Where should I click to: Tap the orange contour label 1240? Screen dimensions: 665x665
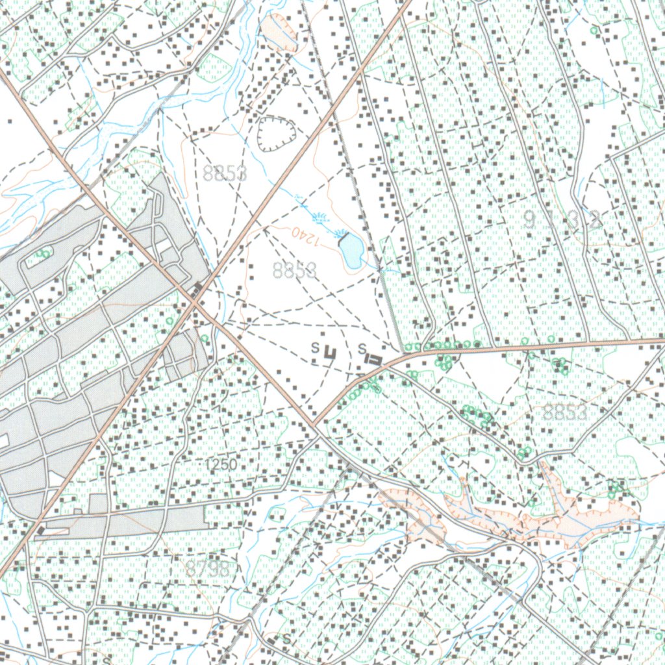click(x=306, y=235)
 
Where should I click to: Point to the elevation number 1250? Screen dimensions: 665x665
click(x=221, y=465)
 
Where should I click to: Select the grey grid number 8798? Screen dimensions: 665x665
click(x=208, y=569)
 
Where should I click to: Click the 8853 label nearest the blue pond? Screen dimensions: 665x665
click(x=295, y=271)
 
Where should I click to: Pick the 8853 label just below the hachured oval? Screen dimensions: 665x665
click(x=225, y=173)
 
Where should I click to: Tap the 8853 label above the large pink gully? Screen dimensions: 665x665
click(x=565, y=412)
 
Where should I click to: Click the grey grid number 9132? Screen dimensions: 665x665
click(x=562, y=220)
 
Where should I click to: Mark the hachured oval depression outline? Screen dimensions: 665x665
click(x=277, y=134)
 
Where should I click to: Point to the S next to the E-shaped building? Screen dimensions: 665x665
click(x=361, y=349)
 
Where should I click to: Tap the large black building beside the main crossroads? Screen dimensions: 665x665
click(x=197, y=288)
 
